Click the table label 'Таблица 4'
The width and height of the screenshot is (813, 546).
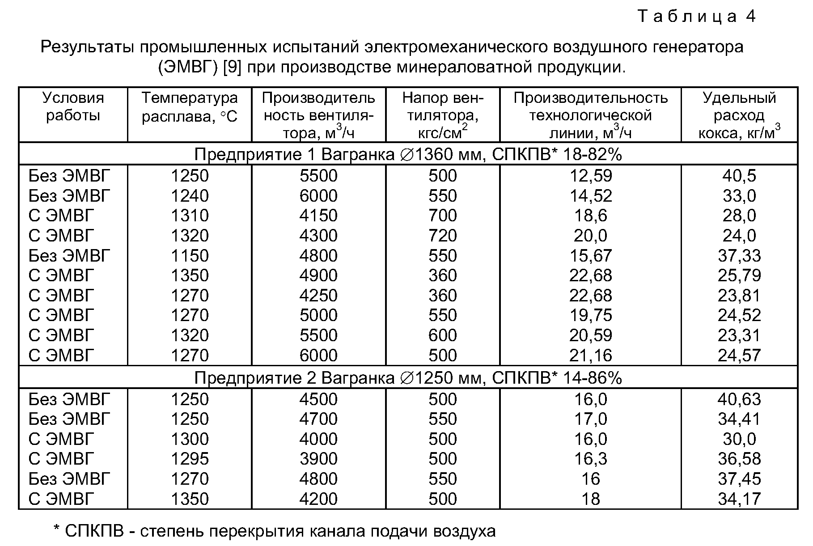697,17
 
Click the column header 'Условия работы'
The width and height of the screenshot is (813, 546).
73,106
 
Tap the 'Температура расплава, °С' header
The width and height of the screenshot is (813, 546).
190,107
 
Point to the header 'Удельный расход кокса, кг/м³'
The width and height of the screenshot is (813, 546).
739,115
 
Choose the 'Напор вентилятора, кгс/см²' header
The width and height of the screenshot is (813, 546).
442,115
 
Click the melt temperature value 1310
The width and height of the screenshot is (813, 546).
190,216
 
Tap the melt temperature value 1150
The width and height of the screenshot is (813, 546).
190,255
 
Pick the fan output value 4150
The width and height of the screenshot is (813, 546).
318,216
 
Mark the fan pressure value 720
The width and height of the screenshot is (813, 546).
443,236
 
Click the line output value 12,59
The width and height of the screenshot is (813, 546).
590,176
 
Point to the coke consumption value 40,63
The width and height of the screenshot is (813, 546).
739,399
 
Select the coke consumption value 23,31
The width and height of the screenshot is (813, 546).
739,335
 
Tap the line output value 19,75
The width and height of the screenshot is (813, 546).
590,315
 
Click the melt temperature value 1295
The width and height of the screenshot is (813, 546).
190,459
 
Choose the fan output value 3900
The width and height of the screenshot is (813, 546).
318,459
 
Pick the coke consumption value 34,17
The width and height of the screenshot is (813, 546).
739,499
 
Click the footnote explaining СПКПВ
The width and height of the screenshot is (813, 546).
275,531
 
